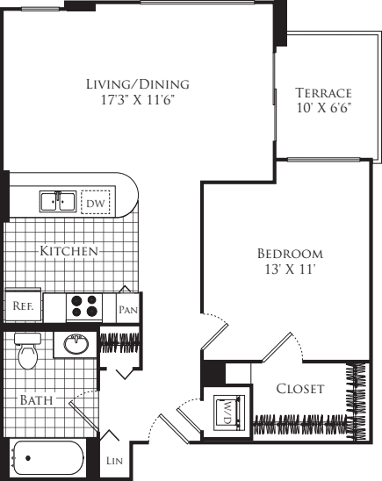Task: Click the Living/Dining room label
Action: tap(138, 84)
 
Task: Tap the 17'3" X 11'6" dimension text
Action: tap(138, 100)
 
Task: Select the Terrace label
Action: tap(323, 93)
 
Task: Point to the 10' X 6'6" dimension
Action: tap(324, 108)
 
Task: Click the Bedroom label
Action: tap(290, 254)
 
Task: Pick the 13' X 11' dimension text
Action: tap(291, 269)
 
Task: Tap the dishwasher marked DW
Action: tap(96, 202)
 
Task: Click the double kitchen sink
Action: tap(58, 202)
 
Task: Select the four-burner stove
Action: tap(84, 306)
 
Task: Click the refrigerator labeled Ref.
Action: tap(23, 305)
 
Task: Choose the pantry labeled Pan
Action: tap(128, 308)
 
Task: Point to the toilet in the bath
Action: tap(27, 351)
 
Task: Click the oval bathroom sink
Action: tap(76, 344)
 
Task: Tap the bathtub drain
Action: tap(28, 458)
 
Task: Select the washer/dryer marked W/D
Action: tap(227, 412)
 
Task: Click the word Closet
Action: tap(299, 389)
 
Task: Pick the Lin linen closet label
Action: tap(114, 461)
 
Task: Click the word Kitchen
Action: tap(69, 251)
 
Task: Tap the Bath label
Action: tap(36, 400)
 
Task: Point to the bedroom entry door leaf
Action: tap(215, 336)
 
